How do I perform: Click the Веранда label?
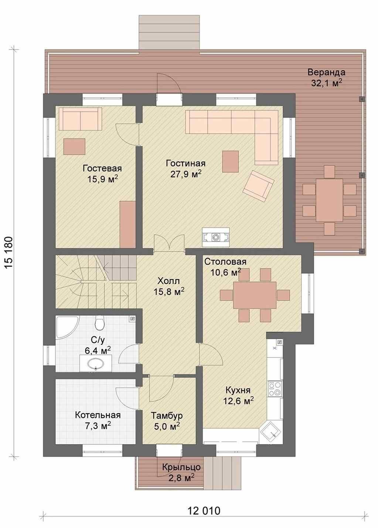pos(326,72)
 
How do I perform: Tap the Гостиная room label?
pos(185,163)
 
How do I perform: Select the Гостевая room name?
pos(102,168)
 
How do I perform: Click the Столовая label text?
pos(225,262)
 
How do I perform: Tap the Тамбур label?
pos(167,416)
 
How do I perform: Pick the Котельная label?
pos(98,415)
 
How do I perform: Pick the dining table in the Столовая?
pos(255,295)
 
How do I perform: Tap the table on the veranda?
pos(329,200)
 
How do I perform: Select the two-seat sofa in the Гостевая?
pos(80,119)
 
